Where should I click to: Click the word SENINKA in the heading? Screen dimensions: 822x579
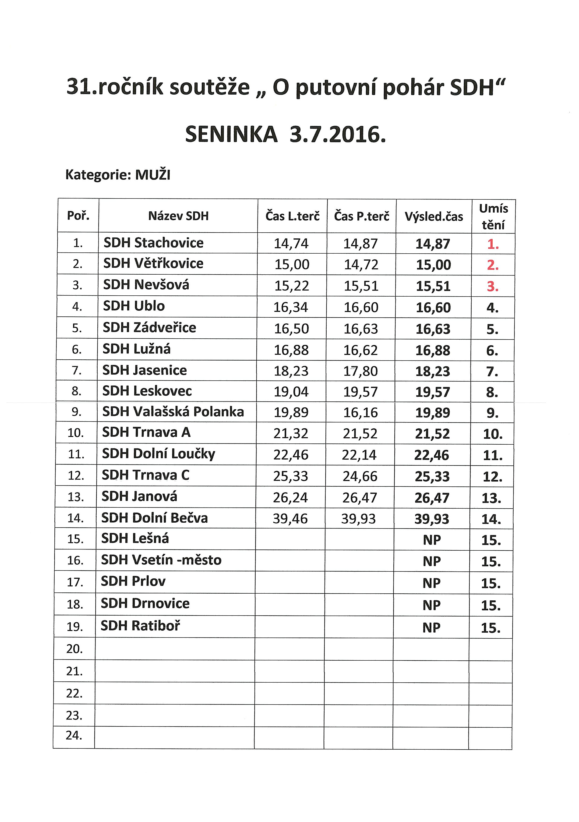[231, 135]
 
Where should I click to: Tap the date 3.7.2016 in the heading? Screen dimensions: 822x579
[337, 135]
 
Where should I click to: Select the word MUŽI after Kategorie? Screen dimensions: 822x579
[152, 175]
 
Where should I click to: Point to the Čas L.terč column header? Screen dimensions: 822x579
[292, 216]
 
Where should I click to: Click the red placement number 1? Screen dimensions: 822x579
[493, 244]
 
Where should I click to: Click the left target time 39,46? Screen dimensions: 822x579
[290, 518]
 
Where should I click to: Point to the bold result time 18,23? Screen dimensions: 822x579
[432, 371]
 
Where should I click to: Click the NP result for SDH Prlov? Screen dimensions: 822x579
[431, 583]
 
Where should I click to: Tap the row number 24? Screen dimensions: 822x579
[74, 735]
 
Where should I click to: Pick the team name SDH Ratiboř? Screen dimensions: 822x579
[140, 625]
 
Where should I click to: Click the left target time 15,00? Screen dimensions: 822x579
[292, 264]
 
